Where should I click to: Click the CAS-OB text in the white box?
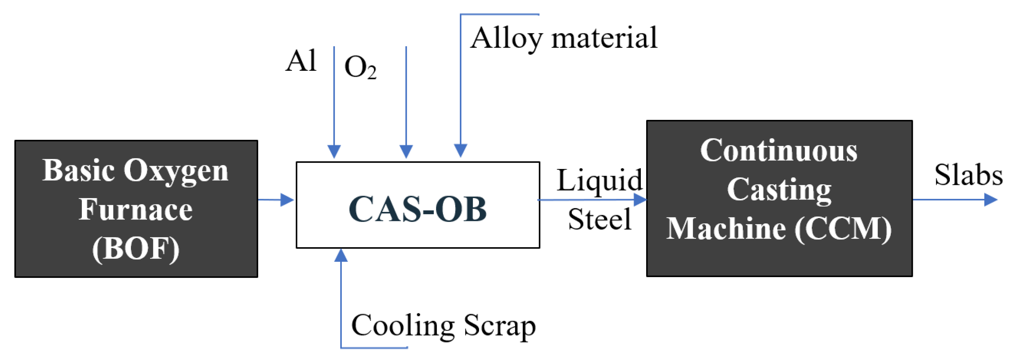417,209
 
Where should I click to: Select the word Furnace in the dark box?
135,209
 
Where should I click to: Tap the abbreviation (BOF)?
135,249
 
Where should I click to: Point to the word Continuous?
779,150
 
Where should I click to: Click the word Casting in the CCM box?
779,189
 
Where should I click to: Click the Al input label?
300,61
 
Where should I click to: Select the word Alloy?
506,38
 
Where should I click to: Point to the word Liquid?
599,181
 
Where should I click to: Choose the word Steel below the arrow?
599,219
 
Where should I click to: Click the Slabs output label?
968,175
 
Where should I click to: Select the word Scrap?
500,325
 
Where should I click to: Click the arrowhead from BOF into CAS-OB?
287,200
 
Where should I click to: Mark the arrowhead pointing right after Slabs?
991,200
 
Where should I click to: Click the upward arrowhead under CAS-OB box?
341,255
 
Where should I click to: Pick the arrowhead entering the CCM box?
640,200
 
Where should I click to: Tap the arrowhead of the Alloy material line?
461,151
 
